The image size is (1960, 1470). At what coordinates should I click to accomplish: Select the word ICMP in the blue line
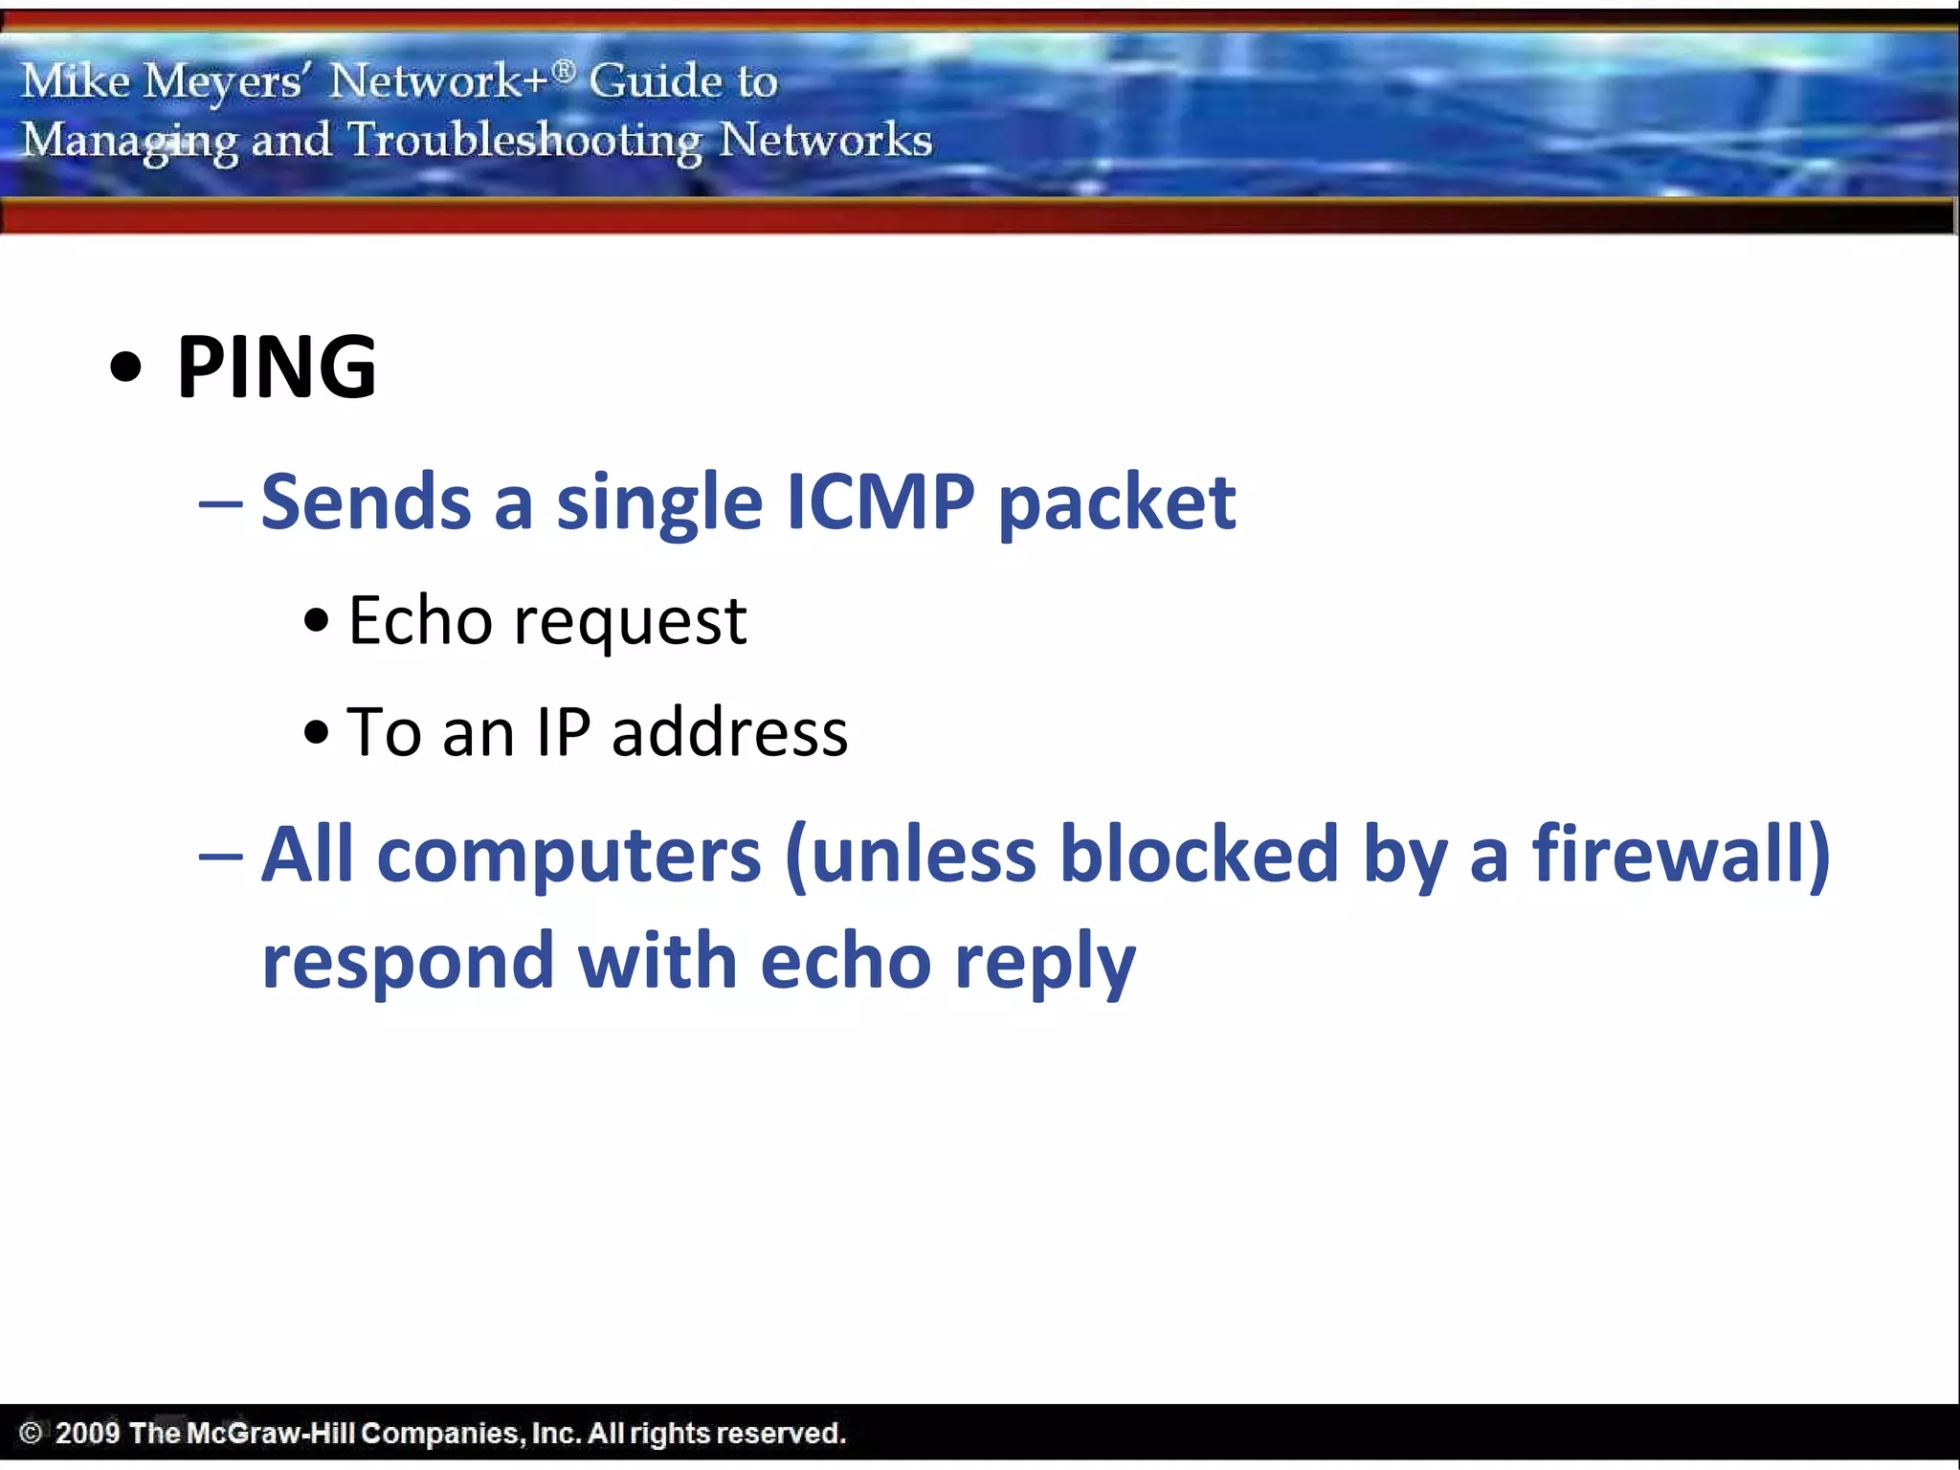880,501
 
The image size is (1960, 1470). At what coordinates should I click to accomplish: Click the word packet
1117,503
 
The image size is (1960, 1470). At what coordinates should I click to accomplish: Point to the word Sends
366,501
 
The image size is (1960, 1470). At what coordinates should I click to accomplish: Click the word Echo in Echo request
420,620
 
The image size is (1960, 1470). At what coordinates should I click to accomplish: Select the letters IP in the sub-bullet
564,732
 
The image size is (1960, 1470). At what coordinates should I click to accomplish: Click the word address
729,732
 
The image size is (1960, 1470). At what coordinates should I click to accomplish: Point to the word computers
569,855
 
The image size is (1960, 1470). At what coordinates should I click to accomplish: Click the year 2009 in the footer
87,1433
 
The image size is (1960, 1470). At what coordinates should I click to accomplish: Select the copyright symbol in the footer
31,1433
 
